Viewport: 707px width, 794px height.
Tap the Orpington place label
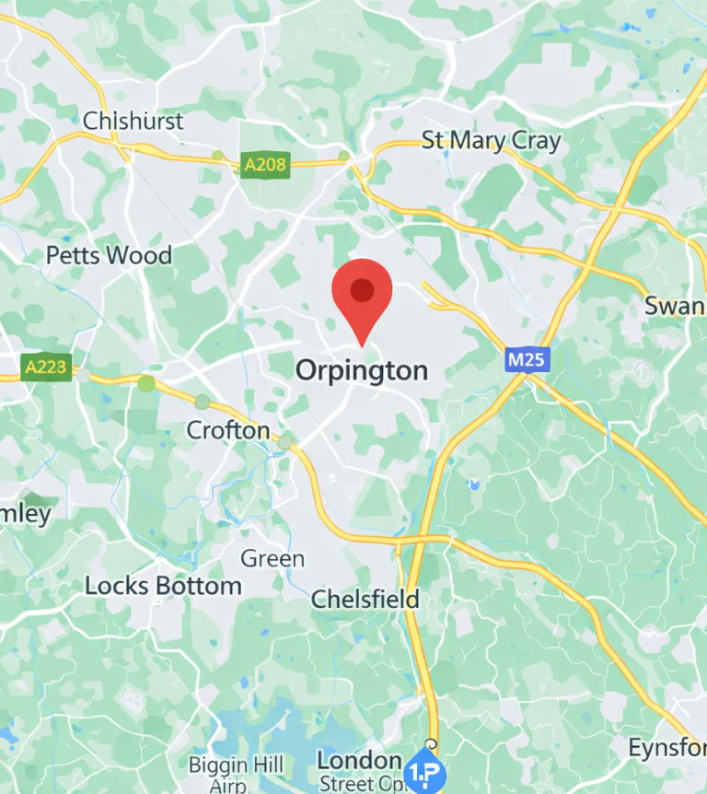click(x=362, y=370)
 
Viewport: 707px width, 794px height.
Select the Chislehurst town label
click(x=133, y=121)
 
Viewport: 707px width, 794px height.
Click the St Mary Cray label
click(x=491, y=140)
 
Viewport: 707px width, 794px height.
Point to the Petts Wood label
click(x=109, y=255)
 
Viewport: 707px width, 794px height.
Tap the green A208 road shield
click(x=264, y=166)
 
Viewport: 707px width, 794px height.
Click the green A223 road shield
click(x=46, y=368)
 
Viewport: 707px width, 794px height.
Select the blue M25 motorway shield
click(x=527, y=359)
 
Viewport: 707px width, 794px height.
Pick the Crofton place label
click(x=228, y=430)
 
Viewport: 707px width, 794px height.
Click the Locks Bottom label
click(x=163, y=586)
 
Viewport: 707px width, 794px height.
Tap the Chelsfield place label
click(x=365, y=599)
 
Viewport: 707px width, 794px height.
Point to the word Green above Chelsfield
click(x=272, y=559)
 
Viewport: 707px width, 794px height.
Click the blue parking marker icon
click(x=425, y=767)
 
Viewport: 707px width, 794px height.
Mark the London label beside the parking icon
click(x=359, y=761)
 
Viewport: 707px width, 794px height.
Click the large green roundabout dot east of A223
click(x=146, y=383)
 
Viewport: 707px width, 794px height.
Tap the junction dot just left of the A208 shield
click(x=218, y=156)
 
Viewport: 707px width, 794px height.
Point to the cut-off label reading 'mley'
click(x=25, y=513)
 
